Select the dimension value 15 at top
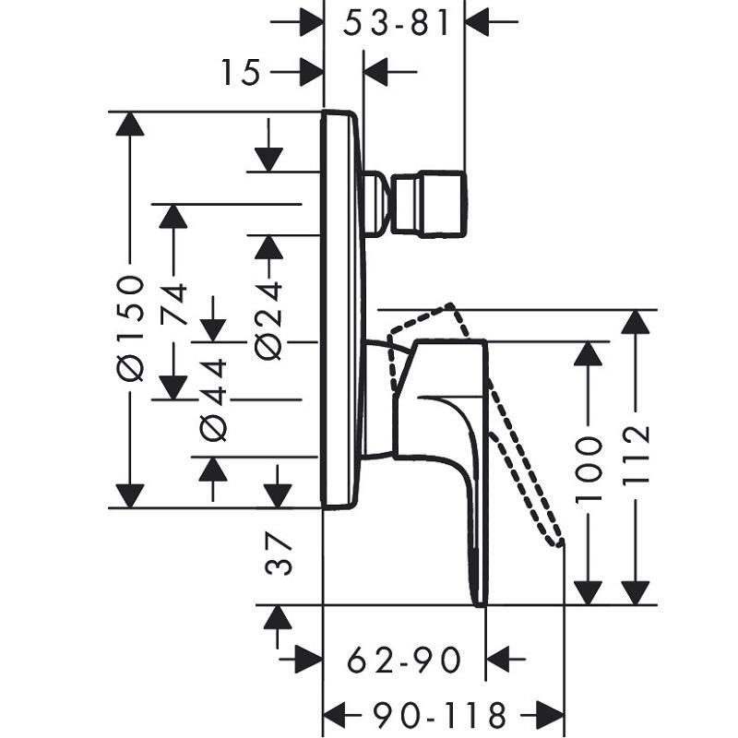[x=241, y=72]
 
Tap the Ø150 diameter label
[x=132, y=327]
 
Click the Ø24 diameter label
[x=268, y=318]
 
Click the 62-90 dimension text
[x=403, y=660]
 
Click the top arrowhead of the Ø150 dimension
[x=130, y=124]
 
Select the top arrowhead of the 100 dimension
[x=589, y=354]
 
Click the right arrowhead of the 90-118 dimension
[x=553, y=714]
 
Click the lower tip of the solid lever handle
[x=479, y=600]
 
